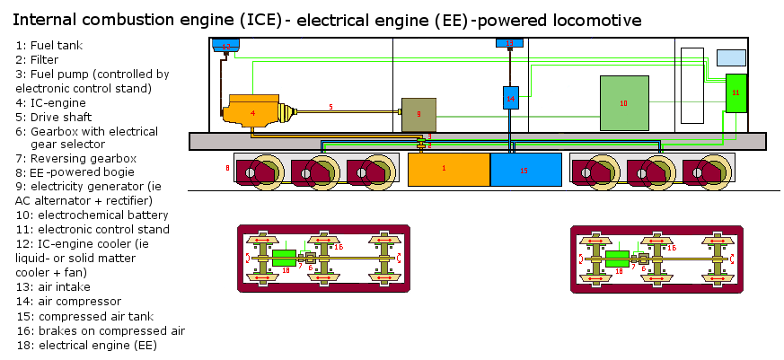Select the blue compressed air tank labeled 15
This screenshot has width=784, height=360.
(x=525, y=170)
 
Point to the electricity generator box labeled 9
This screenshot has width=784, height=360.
(x=418, y=114)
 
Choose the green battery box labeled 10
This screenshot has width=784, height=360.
(x=624, y=103)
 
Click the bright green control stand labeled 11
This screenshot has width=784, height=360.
(x=736, y=93)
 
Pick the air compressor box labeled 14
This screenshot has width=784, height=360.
(x=510, y=97)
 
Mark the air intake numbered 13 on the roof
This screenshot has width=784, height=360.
(x=509, y=43)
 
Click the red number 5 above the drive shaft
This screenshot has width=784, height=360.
(x=330, y=107)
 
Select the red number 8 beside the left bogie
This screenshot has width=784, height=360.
(x=227, y=168)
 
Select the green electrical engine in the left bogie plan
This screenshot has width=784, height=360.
(x=285, y=259)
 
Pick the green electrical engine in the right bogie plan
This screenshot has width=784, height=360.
(x=617, y=259)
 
